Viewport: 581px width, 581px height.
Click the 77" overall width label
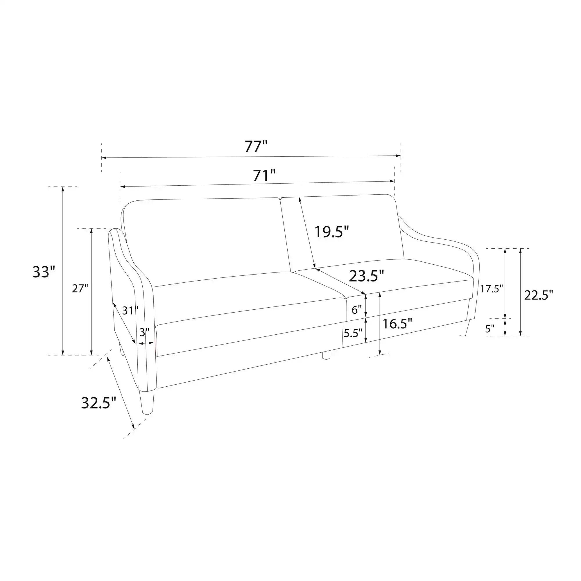tap(256, 146)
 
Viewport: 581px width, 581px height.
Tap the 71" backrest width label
tap(264, 176)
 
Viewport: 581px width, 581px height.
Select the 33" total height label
tap(44, 272)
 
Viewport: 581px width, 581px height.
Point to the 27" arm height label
tap(80, 289)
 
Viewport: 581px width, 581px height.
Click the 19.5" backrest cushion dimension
tap(332, 232)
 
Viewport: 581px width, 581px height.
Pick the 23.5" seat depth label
tap(367, 276)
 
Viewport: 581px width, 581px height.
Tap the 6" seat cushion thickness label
tap(357, 310)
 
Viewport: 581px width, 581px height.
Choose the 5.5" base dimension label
tap(353, 333)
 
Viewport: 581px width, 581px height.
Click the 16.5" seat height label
tap(397, 324)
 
